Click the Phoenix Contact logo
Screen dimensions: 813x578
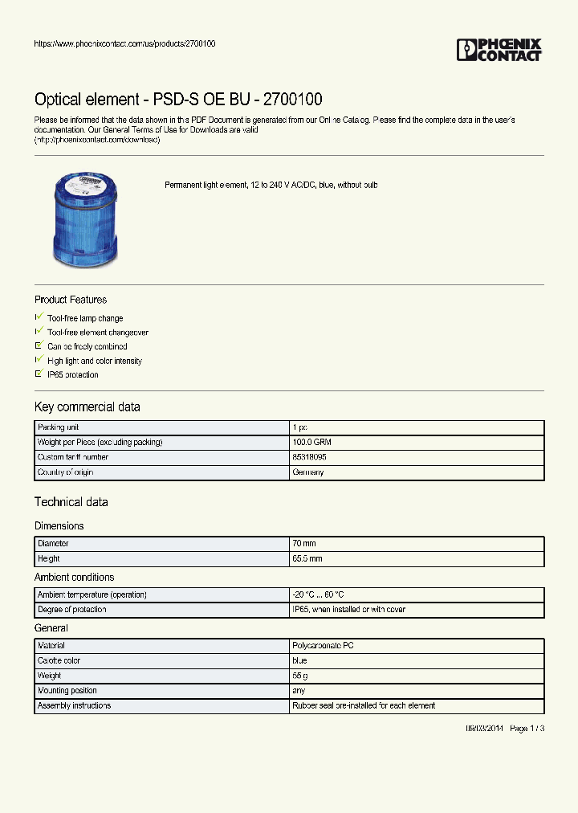pos(499,50)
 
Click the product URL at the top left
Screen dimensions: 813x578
pos(124,43)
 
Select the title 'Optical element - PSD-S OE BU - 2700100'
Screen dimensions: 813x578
pos(178,100)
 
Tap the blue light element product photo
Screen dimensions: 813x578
pos(84,219)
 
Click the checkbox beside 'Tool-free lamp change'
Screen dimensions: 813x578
pos(39,318)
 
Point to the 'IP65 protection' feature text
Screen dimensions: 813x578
pos(73,375)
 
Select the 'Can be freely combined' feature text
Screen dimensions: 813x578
pos(87,347)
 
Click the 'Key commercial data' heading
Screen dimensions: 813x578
pos(87,407)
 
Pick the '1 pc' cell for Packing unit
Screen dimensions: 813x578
pos(300,428)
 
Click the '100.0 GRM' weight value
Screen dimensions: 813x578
pos(312,443)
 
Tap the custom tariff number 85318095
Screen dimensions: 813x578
pos(310,458)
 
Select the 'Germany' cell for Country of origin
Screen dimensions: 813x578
pos(308,472)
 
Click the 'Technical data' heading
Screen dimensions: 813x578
pos(71,502)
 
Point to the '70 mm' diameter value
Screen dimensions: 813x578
pos(305,544)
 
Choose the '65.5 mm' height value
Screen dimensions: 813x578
pos(308,559)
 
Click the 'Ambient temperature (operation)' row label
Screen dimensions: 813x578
pos(92,595)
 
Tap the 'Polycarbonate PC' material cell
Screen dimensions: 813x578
pos(323,646)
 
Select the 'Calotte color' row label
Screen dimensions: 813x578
pos(59,661)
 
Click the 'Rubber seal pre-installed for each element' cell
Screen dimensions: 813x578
pos(364,706)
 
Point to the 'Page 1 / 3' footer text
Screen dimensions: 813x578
pos(527,729)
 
